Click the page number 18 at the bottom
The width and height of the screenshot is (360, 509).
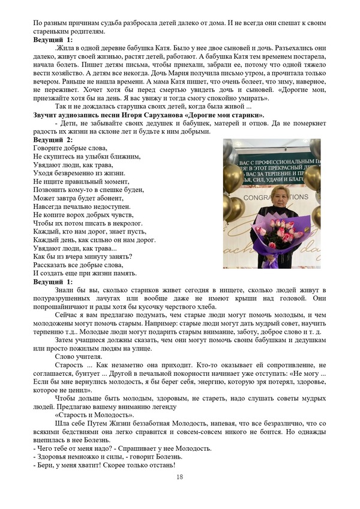point(179,477)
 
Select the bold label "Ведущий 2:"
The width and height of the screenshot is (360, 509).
point(53,139)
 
